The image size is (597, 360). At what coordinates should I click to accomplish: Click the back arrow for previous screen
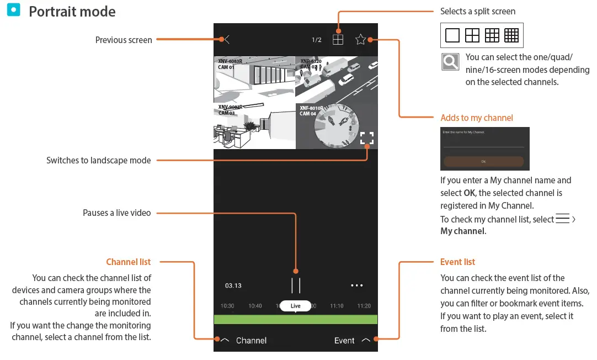pos(227,40)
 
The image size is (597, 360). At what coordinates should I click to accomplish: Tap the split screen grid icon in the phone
pos(338,40)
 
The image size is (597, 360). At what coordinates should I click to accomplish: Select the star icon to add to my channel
pos(361,40)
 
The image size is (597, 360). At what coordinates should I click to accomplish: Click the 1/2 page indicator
pos(317,40)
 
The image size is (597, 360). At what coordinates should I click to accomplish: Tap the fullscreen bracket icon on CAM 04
pos(367,138)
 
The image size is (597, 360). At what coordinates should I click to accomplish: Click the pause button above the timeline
pos(296,285)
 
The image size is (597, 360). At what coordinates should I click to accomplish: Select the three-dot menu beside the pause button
pos(357,285)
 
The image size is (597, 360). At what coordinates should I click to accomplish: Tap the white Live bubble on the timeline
pos(296,306)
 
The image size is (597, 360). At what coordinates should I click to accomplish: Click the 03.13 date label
pos(233,285)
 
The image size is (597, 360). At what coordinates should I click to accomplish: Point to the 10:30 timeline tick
pos(227,306)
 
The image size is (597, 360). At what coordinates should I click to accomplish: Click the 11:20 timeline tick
pos(364,306)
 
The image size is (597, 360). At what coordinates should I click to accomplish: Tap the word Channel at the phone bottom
pos(251,341)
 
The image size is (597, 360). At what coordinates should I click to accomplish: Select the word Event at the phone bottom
pos(344,341)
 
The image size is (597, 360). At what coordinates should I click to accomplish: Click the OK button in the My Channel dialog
pos(484,162)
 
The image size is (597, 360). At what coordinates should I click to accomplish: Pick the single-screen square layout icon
pos(452,35)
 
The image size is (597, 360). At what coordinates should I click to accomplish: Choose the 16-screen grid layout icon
pos(511,35)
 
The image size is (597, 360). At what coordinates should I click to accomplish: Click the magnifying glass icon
pos(450,62)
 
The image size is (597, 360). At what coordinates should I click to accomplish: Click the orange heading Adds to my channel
pos(477,118)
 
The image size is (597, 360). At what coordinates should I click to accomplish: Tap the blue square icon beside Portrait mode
pos(14,10)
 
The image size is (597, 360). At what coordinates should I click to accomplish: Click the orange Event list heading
pos(457,262)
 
